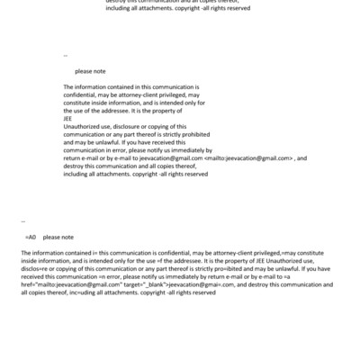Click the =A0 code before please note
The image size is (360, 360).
31,237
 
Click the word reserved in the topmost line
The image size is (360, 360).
237,9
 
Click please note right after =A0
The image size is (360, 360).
58,237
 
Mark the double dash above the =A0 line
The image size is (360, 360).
22,219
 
